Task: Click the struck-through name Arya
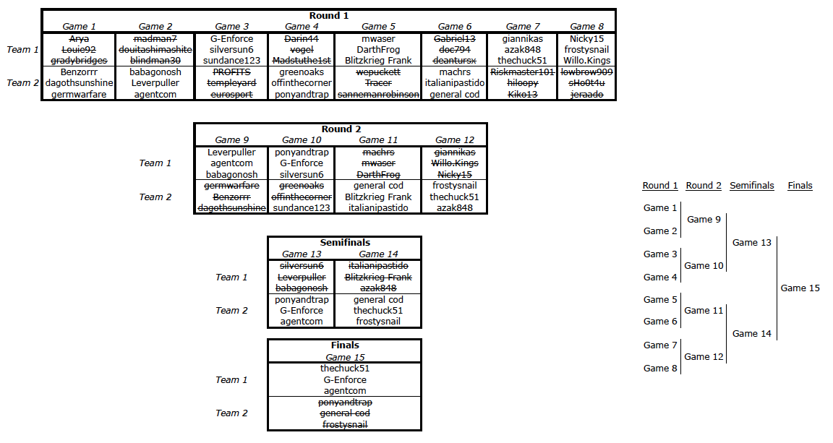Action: (x=79, y=39)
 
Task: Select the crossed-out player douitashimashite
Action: (x=155, y=49)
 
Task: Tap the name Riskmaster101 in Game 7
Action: (x=522, y=72)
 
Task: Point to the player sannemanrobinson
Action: (x=378, y=94)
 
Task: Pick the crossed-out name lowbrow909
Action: (x=586, y=72)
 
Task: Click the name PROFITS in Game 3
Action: (x=231, y=72)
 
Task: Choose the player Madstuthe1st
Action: (x=302, y=61)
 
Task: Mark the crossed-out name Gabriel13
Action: (x=455, y=39)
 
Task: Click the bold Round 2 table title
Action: (x=341, y=129)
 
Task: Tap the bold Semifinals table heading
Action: (x=345, y=242)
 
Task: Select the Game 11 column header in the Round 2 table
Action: (x=378, y=139)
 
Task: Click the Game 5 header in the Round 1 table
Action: (x=378, y=26)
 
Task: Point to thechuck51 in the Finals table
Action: (x=345, y=368)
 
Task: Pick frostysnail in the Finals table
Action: (x=345, y=424)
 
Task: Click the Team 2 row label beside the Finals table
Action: (x=231, y=413)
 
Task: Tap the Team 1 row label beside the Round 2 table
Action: (x=155, y=163)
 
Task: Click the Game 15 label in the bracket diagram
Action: (x=800, y=288)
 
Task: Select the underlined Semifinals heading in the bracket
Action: (x=752, y=186)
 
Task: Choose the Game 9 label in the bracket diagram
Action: (x=704, y=220)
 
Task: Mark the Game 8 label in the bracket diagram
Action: (x=660, y=368)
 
